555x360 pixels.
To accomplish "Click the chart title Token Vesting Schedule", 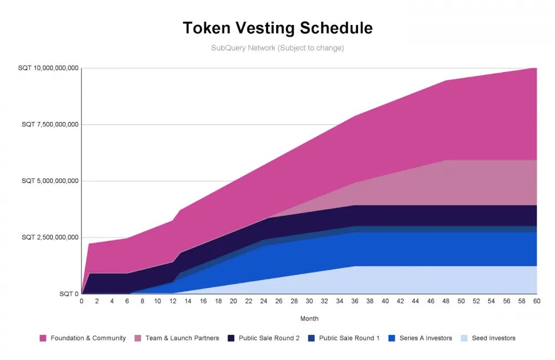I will tap(277, 28).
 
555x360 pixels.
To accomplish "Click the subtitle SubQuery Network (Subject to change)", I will tap(277, 48).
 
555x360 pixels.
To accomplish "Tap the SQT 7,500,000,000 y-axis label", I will tap(51, 125).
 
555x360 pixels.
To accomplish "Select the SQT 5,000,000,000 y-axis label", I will tap(51, 181).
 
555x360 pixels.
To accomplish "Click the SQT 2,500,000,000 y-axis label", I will tap(51, 237).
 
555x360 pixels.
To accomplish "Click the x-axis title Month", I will tap(309, 319).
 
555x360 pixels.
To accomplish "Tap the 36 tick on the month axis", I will tap(355, 301).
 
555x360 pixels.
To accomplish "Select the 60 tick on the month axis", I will tap(537, 301).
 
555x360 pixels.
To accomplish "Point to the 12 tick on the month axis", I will tap(173, 301).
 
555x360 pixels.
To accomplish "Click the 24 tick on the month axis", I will tap(264, 301).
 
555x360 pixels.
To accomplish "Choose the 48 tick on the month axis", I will tap(446, 301).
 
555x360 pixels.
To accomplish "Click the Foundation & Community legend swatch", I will tap(43, 338).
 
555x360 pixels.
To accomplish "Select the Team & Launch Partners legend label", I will tap(182, 338).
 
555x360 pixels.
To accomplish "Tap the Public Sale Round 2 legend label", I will tap(269, 338).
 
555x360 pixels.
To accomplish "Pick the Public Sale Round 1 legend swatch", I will tap(311, 338).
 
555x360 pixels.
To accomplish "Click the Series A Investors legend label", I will tap(426, 338).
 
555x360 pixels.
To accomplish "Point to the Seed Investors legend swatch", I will tap(465, 338).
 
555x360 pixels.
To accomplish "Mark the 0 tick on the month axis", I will tap(82, 301).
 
